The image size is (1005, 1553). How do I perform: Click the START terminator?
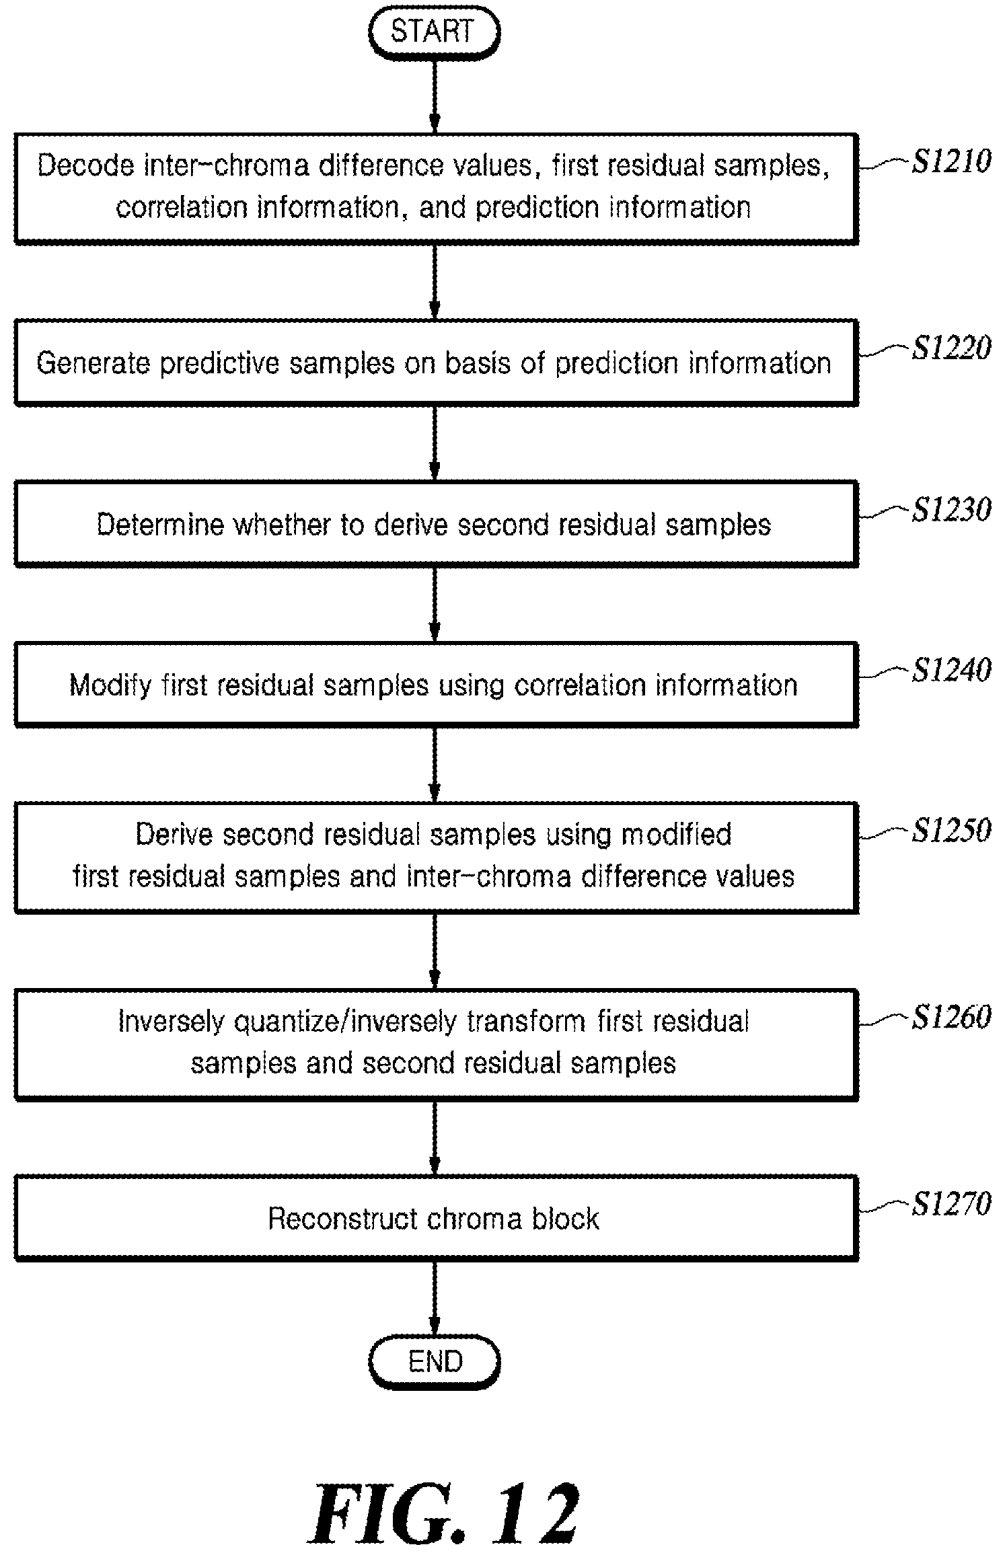click(x=434, y=32)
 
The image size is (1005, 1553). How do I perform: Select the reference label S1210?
click(x=951, y=161)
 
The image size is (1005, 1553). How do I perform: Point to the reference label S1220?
click(x=951, y=348)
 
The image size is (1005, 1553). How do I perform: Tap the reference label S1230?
click(x=951, y=509)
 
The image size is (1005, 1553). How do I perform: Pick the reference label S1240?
click(x=951, y=670)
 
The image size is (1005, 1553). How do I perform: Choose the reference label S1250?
click(x=951, y=830)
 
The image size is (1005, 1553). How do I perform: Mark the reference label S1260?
click(x=951, y=1017)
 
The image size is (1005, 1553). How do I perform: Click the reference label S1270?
click(x=951, y=1204)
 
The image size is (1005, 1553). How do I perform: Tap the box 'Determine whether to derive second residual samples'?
click(x=437, y=523)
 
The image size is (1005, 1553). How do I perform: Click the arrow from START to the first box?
click(x=435, y=96)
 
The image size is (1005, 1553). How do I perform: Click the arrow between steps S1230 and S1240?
click(x=435, y=604)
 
